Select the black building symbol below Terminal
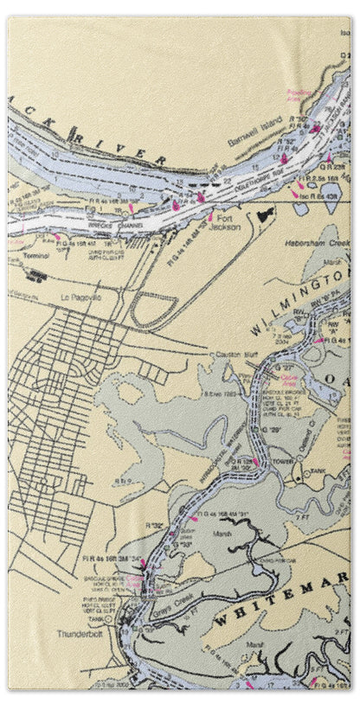pyautogui.click(x=37, y=277)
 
